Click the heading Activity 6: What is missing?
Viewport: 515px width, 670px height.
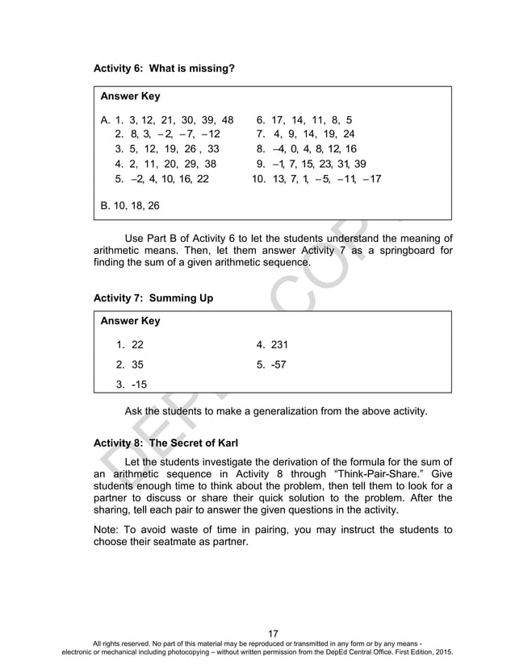click(x=164, y=69)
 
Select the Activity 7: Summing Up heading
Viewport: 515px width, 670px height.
click(x=153, y=298)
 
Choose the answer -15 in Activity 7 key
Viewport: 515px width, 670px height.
click(x=134, y=384)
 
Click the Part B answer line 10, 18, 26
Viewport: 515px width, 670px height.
click(x=130, y=206)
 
